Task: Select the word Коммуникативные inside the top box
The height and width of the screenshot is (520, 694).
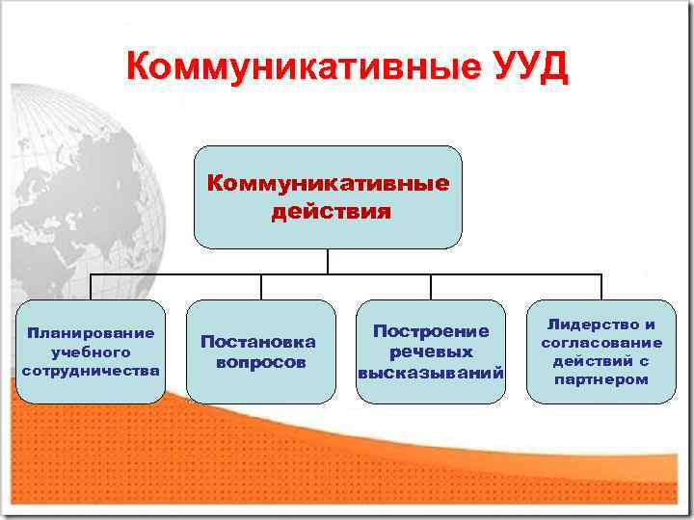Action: (329, 183)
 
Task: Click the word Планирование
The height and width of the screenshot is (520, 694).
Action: (91, 333)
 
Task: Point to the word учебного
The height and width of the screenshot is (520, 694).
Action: (91, 351)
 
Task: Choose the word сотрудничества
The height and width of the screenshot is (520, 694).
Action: (91, 370)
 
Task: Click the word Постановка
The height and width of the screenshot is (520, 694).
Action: (258, 342)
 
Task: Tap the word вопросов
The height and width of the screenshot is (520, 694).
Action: (260, 363)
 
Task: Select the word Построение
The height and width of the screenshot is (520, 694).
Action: (431, 331)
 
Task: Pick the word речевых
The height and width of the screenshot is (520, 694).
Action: (431, 351)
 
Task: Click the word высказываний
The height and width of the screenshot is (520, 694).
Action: (431, 373)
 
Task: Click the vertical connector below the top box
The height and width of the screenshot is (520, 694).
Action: (329, 261)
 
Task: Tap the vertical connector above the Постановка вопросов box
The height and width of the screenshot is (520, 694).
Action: (260, 287)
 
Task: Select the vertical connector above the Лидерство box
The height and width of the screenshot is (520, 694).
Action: (601, 287)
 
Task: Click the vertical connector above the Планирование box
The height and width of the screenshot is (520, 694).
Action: (92, 287)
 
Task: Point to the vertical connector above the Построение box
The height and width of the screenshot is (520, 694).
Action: (431, 287)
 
